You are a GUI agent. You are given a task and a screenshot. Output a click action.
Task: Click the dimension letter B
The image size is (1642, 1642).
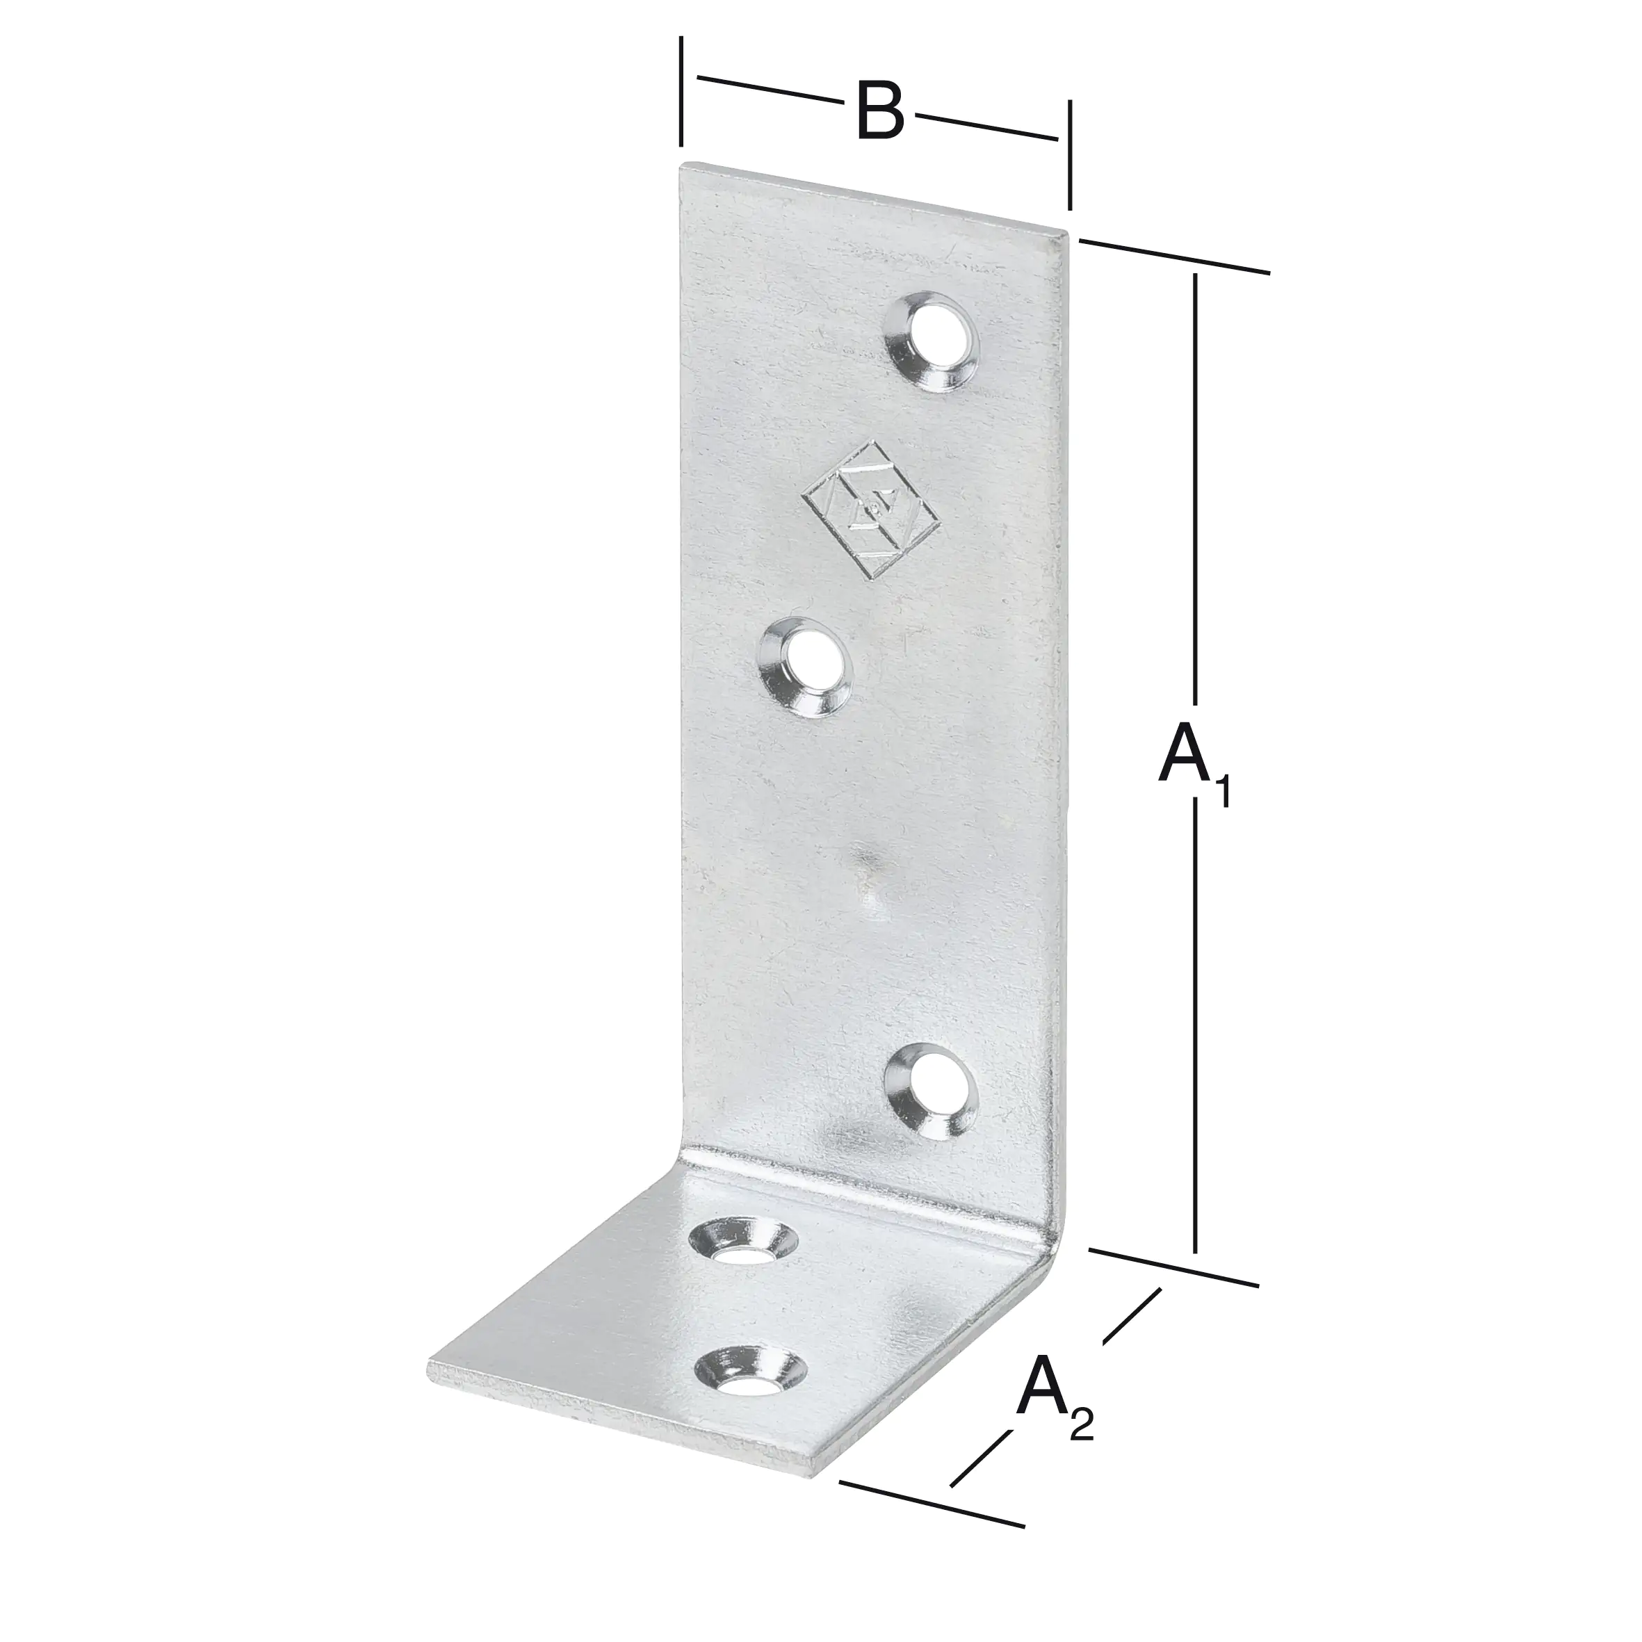tap(879, 111)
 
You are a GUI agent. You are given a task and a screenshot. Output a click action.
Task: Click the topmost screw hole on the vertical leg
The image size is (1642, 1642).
tap(933, 343)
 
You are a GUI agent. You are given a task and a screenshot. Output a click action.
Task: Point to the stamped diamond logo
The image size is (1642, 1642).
tap(872, 511)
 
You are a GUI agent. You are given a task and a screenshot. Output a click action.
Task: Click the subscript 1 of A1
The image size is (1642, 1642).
tap(1222, 793)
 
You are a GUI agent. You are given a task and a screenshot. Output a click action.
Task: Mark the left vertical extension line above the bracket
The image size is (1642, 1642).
tap(681, 92)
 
